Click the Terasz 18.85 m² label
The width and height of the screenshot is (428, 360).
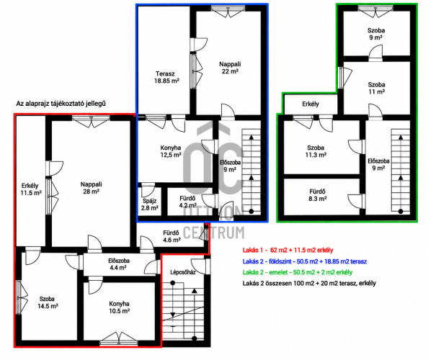pyautogui.click(x=166, y=77)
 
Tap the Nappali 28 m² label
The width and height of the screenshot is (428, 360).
pyautogui.click(x=92, y=188)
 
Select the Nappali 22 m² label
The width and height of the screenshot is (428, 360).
pyautogui.click(x=230, y=68)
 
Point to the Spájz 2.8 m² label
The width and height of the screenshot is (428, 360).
pyautogui.click(x=150, y=204)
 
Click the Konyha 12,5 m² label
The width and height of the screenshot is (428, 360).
pyautogui.click(x=171, y=151)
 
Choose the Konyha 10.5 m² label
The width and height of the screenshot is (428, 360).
pyautogui.click(x=120, y=307)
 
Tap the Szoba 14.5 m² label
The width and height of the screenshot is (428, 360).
pyautogui.click(x=48, y=302)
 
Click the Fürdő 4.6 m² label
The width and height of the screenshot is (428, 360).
pyautogui.click(x=171, y=236)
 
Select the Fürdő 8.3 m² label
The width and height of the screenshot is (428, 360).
pyautogui.click(x=318, y=195)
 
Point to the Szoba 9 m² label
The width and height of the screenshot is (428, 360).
pyautogui.click(x=376, y=34)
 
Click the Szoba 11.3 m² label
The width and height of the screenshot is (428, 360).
pyautogui.click(x=316, y=151)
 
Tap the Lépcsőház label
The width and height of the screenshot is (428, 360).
pyautogui.click(x=183, y=272)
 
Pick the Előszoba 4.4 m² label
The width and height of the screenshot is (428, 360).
pyautogui.click(x=119, y=264)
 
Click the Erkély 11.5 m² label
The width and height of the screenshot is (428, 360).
pyautogui.click(x=30, y=189)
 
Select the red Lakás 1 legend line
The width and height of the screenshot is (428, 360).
pyautogui.click(x=288, y=250)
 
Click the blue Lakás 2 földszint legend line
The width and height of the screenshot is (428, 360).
pyautogui.click(x=305, y=261)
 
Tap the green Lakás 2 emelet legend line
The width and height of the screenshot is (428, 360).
pyautogui.click(x=298, y=272)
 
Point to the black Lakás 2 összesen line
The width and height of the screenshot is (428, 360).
pyautogui.click(x=309, y=283)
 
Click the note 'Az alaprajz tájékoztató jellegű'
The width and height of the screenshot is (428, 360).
pyautogui.click(x=61, y=104)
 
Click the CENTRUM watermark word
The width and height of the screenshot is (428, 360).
pyautogui.click(x=214, y=233)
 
